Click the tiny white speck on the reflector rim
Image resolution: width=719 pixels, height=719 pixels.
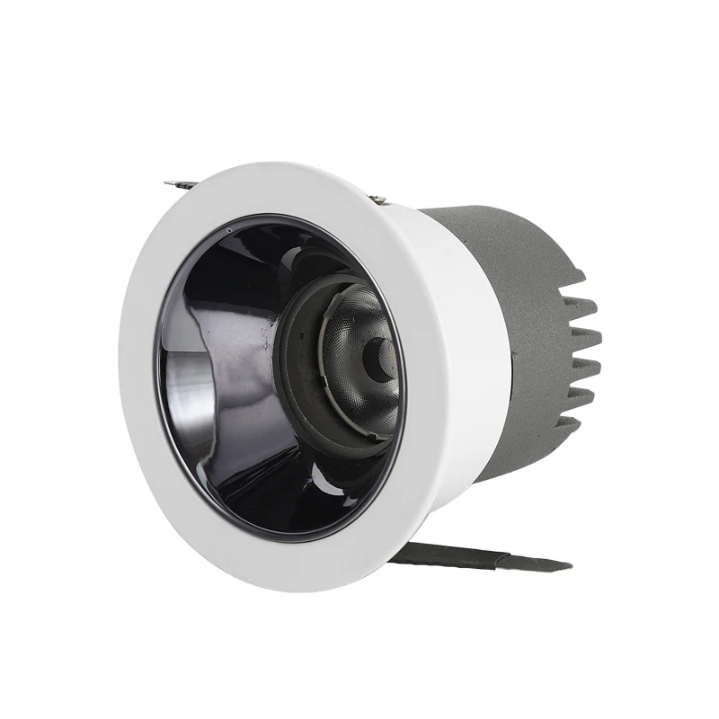232,231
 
